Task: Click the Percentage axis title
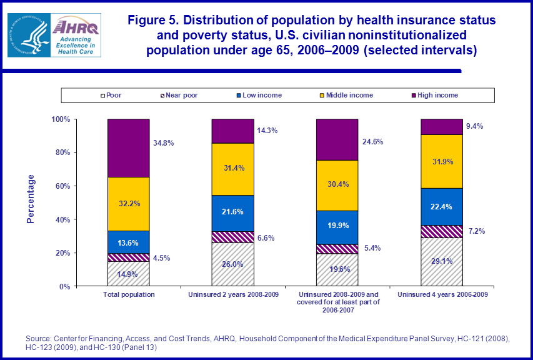31,199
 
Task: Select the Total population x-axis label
128,294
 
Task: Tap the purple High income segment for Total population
128,147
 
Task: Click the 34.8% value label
163,142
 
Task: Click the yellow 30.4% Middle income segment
337,185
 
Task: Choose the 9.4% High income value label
475,126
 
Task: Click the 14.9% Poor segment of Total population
128,274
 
